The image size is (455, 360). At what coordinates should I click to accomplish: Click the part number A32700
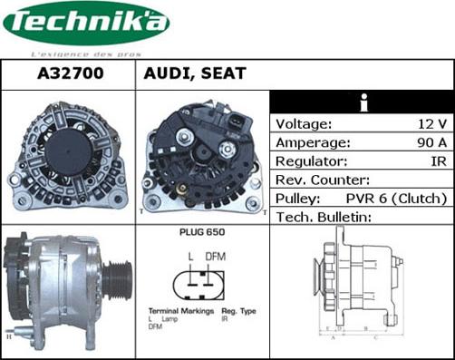[x=68, y=74]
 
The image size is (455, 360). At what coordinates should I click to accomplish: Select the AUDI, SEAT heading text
[x=194, y=74]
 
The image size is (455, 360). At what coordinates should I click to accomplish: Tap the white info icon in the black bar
[x=363, y=102]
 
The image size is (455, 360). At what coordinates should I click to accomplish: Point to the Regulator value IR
[x=439, y=161]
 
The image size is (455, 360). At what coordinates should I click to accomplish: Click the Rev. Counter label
[x=322, y=180]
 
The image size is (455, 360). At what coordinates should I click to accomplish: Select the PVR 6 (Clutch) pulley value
[x=397, y=198]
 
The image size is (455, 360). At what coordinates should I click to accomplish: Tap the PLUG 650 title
[x=202, y=232]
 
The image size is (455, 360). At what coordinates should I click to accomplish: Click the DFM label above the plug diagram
[x=216, y=257]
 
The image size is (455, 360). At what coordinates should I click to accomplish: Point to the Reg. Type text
[x=237, y=311]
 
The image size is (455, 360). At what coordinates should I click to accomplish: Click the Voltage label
[x=303, y=123]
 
